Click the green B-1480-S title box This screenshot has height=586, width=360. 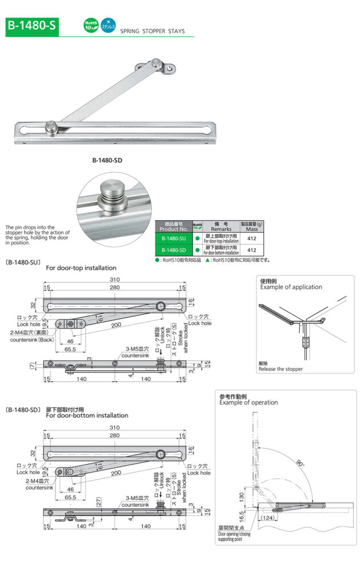(x=32, y=27)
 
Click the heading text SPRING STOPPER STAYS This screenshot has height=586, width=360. (x=152, y=31)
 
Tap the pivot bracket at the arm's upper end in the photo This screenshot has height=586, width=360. (x=163, y=66)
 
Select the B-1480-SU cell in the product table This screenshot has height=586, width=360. (x=172, y=238)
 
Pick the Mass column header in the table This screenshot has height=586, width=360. (x=251, y=227)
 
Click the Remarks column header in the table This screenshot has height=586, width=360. (x=220, y=227)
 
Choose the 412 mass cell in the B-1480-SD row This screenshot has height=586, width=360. (x=251, y=250)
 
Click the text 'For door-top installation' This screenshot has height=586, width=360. (x=81, y=268)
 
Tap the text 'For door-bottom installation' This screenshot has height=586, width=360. (x=87, y=415)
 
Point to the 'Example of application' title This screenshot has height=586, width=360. (x=291, y=287)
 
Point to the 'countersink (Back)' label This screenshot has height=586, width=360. (x=31, y=339)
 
